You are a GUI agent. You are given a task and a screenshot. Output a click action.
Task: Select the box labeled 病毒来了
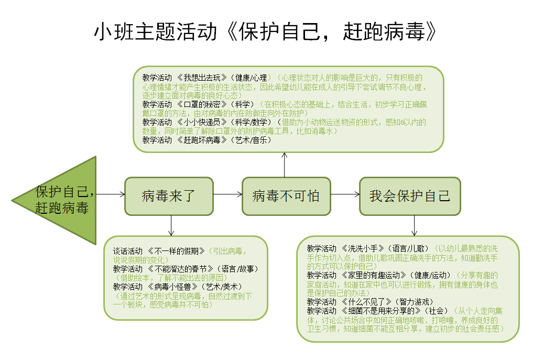click(169, 196)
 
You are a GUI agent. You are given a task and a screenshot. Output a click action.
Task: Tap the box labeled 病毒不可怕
click(286, 196)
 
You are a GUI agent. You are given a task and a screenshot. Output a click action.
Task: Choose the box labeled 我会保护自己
click(410, 196)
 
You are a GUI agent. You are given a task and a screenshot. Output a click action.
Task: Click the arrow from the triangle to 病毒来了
click(111, 194)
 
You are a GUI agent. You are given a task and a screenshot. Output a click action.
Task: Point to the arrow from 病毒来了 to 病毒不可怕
click(228, 194)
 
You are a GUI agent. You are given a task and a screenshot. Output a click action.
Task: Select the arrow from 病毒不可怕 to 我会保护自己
click(345, 194)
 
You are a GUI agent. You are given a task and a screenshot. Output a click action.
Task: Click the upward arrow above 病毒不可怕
click(284, 165)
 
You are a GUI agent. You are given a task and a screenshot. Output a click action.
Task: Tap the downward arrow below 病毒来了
click(171, 226)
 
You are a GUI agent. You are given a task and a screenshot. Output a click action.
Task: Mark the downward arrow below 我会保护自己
click(415, 226)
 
